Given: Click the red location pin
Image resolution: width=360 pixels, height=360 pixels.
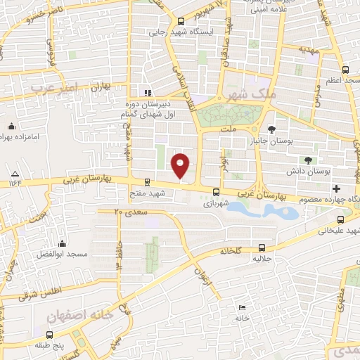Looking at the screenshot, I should (181, 166).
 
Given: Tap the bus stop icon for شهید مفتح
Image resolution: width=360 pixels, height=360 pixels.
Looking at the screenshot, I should (146, 181).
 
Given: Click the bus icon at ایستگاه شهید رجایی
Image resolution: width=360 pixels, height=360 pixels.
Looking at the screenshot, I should (180, 20).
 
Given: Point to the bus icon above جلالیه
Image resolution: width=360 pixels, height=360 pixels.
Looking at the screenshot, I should (262, 247).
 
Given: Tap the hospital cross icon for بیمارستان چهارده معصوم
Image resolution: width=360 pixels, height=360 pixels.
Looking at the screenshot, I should (336, 188).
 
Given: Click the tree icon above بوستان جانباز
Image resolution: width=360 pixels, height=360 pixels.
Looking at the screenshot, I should (272, 129).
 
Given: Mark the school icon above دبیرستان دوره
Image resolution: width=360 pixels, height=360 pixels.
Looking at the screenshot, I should (146, 92).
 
